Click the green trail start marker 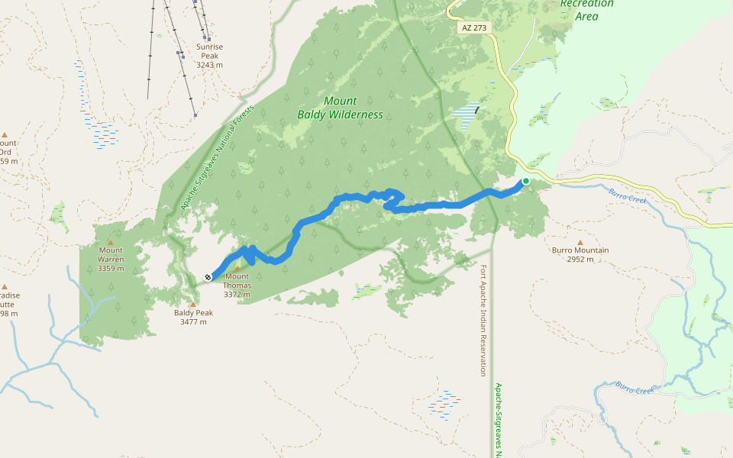click(x=525, y=181)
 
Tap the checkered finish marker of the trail click(x=208, y=277)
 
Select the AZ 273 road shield click(x=474, y=27)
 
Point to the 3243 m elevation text click(x=209, y=65)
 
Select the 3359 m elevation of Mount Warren click(x=111, y=268)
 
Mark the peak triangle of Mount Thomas click(x=237, y=268)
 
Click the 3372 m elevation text click(x=237, y=295)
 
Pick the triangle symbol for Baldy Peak click(x=193, y=304)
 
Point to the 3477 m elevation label click(x=193, y=322)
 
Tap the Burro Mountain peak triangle click(x=580, y=242)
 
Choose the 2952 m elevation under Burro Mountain click(x=580, y=260)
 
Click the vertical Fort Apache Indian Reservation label click(x=483, y=321)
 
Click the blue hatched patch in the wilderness click(x=467, y=116)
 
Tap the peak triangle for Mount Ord click(x=5, y=134)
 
